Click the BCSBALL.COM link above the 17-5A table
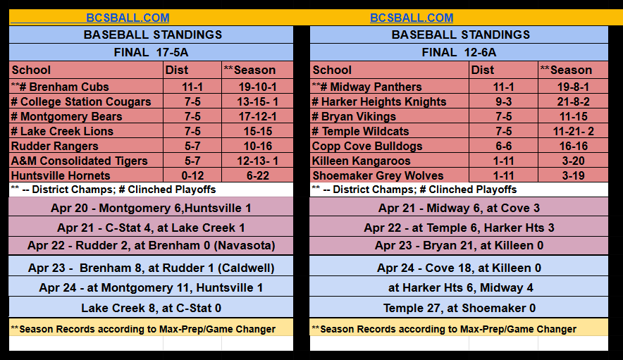pos(128,18)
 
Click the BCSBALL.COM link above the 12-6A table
pos(412,18)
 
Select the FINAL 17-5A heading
pos(151,52)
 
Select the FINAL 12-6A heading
pos(459,52)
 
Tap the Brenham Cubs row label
pos(60,87)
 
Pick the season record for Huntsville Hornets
pos(258,175)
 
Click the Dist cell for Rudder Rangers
pos(192,146)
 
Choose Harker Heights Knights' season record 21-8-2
pos(573,101)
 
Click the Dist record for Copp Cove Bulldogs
pos(503,146)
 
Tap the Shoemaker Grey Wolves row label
pos(378,175)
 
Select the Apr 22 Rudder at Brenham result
pos(151,245)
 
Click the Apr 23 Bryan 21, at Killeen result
pos(459,245)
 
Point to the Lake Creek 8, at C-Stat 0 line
pos(151,308)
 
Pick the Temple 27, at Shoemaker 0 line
pos(459,308)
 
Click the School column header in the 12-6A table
pos(332,70)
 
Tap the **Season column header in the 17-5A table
pos(249,70)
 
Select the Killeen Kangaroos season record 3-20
pos(574,161)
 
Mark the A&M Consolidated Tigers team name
pos(80,161)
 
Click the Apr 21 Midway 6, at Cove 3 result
pos(459,208)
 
